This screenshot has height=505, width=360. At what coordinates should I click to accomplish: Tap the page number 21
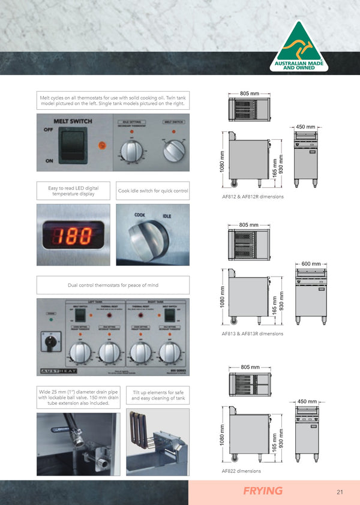(340, 492)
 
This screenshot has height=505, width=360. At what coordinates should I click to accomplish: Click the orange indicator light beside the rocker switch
(102, 145)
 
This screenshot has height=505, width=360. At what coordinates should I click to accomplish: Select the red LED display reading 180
(71, 236)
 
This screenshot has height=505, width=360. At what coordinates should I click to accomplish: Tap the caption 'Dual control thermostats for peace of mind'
(113, 285)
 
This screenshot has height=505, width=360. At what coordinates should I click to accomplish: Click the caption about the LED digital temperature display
(73, 191)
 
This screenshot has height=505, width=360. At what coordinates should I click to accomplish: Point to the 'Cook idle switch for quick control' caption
(152, 191)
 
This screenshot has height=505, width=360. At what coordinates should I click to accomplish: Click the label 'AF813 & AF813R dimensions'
(252, 333)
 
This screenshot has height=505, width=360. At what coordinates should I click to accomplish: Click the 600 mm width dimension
(311, 264)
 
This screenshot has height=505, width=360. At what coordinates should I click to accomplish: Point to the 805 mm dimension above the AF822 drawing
(250, 366)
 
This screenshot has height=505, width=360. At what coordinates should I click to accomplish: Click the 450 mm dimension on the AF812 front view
(307, 127)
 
